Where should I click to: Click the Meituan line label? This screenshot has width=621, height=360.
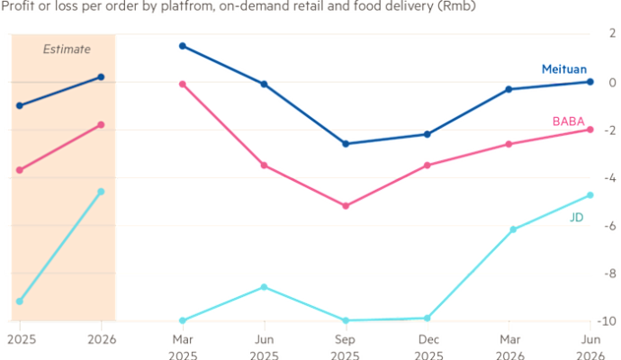(x=564, y=68)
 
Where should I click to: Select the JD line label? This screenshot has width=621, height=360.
(x=577, y=218)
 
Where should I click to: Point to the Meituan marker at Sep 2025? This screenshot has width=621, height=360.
(x=346, y=143)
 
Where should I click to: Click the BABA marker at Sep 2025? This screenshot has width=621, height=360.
(x=346, y=206)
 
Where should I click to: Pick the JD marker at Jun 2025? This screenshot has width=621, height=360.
(x=264, y=286)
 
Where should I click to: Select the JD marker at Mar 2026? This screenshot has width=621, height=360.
(x=509, y=230)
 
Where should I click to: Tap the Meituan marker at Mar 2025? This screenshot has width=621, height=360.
(x=183, y=46)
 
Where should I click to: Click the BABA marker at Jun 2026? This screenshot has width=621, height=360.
(x=589, y=130)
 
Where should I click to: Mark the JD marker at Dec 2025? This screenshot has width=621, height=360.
(x=427, y=317)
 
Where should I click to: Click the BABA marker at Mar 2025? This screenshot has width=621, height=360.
(x=183, y=85)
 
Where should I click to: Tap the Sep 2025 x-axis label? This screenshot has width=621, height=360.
(x=346, y=346)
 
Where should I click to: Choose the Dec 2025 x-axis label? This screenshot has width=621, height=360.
(x=427, y=346)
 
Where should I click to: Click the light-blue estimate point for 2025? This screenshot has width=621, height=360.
(x=20, y=301)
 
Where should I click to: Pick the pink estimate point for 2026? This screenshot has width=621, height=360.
(x=101, y=125)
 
